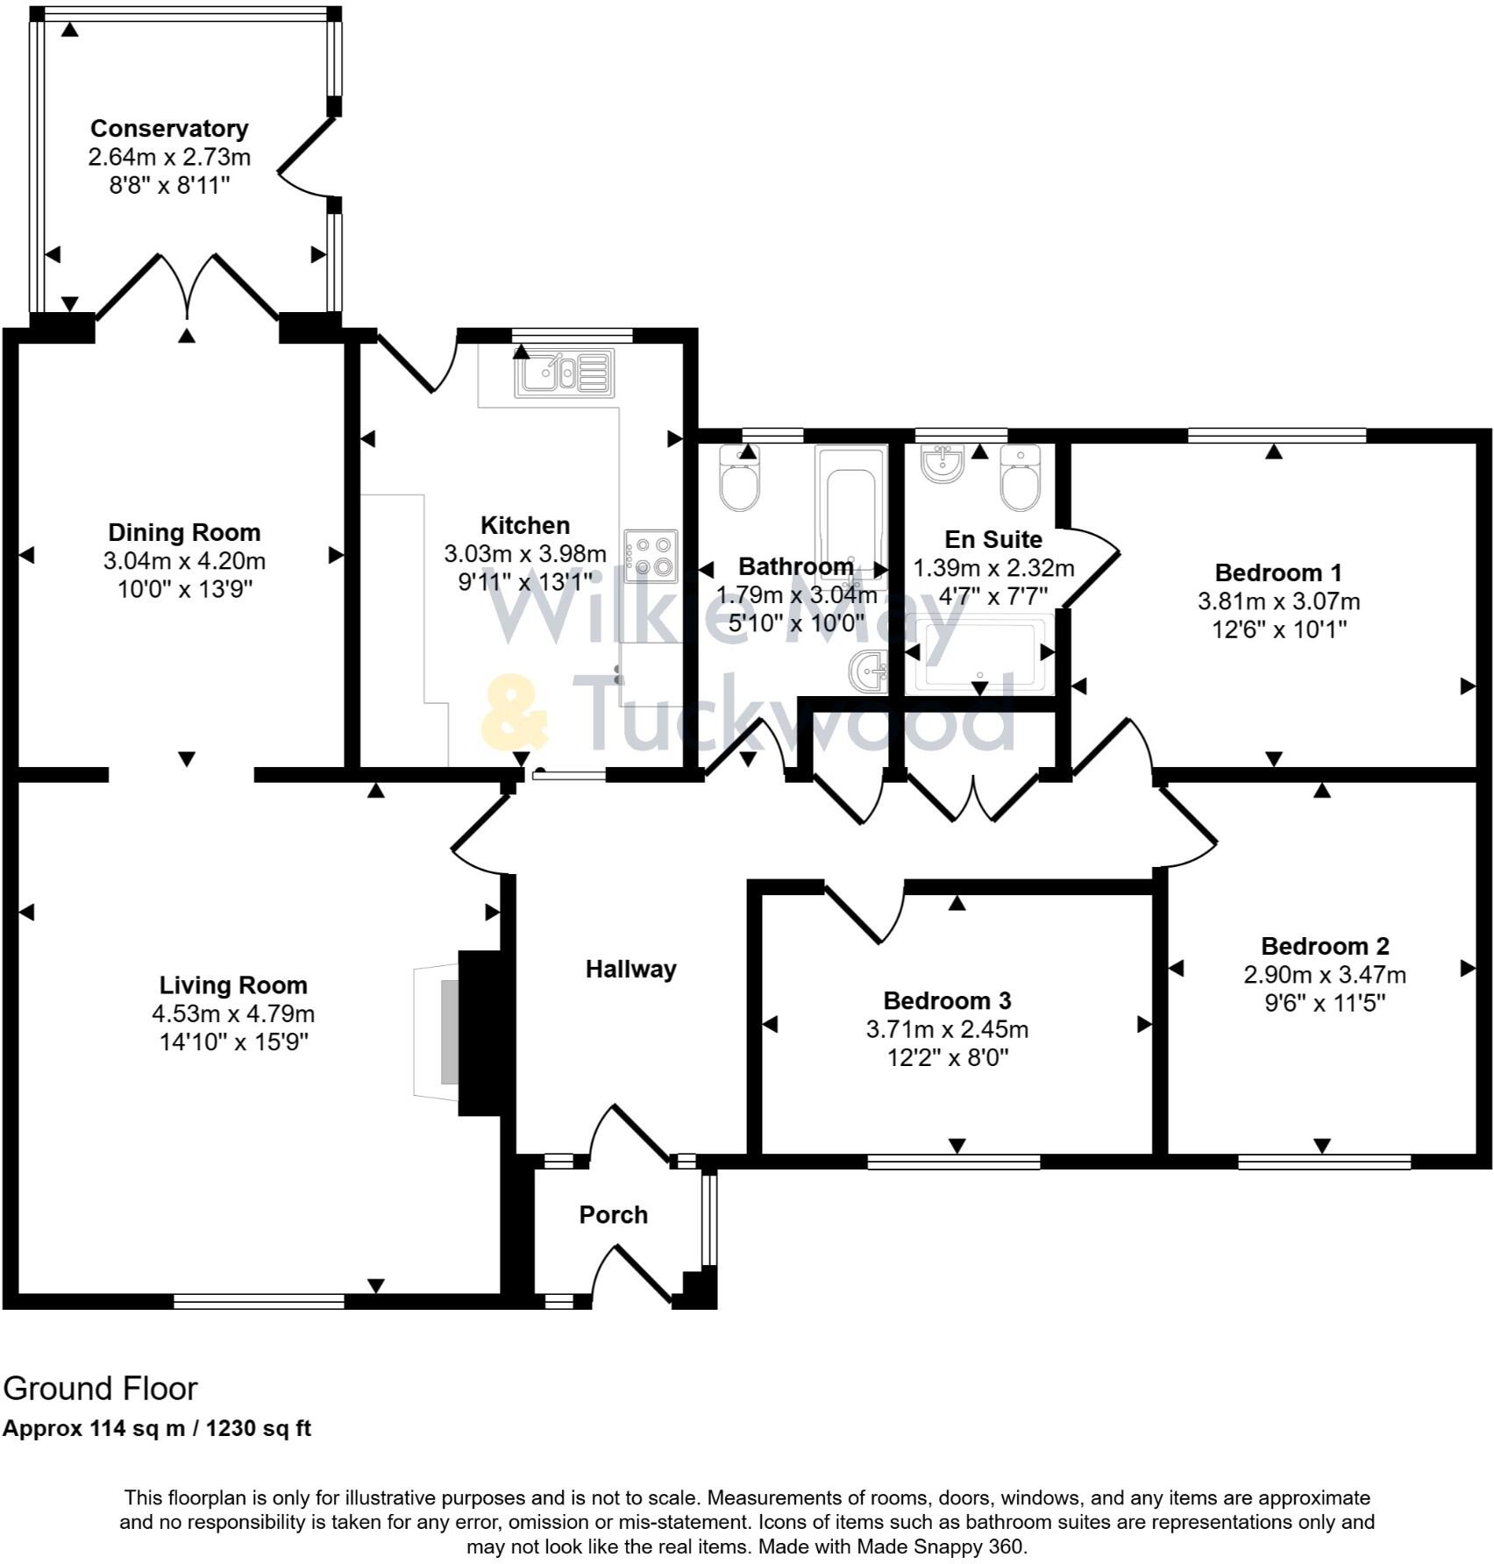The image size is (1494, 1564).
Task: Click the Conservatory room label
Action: pos(169,128)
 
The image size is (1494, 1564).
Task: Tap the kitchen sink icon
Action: pos(565,373)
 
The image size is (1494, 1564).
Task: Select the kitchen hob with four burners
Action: pos(651,556)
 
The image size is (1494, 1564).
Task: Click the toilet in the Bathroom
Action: pos(740,478)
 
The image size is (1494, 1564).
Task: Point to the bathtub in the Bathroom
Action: pos(850,511)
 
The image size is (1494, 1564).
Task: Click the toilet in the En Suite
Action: pos(1021,479)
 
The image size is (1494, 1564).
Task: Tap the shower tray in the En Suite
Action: pos(980,655)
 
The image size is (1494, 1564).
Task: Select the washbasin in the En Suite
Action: pos(943,462)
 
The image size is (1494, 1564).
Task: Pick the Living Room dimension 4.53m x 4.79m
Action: pos(233,1013)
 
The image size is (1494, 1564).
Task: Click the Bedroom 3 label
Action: pos(947,1000)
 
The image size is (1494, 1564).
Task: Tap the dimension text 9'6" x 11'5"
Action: pos(1324,1002)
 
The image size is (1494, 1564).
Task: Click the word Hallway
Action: pos(630,969)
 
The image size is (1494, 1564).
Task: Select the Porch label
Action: pos(613,1214)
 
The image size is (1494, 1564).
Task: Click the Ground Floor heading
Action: pos(100,1388)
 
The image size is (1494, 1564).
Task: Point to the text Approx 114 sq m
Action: pos(94,1429)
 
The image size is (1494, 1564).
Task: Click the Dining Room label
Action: pos(184,532)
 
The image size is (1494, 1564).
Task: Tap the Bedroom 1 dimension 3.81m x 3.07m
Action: pos(1278,601)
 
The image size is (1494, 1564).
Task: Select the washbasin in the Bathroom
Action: pos(868,673)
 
